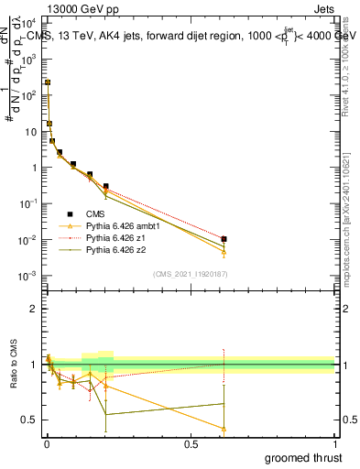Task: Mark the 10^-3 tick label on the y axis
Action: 29,276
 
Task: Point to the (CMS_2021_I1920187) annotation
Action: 191,274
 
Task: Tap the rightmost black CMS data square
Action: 224,239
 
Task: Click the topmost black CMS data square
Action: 48,82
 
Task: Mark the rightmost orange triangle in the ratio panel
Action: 224,428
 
